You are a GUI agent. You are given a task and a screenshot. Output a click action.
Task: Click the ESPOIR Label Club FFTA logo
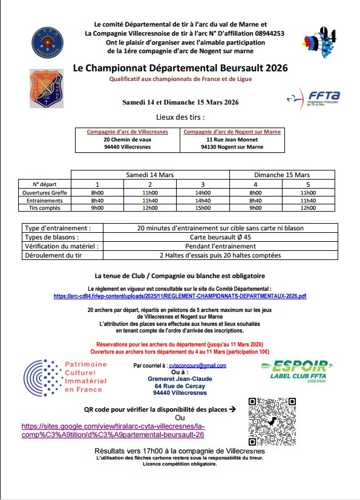(x=296, y=369)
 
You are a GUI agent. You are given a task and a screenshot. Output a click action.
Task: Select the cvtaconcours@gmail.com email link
(x=197, y=365)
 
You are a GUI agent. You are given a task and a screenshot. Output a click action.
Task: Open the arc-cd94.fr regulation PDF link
(x=180, y=296)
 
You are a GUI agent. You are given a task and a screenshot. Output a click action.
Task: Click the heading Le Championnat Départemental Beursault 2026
(x=180, y=68)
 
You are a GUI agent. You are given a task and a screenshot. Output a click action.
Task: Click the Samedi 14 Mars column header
(x=149, y=175)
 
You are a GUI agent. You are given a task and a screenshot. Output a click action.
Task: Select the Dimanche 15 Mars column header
(x=281, y=175)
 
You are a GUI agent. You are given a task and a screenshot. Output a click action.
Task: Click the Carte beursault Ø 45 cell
(x=220, y=238)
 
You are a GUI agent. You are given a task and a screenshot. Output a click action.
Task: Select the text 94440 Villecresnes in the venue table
(x=127, y=146)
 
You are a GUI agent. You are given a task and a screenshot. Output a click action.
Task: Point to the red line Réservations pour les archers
(x=180, y=343)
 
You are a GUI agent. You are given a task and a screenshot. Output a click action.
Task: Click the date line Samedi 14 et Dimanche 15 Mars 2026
(x=180, y=102)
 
